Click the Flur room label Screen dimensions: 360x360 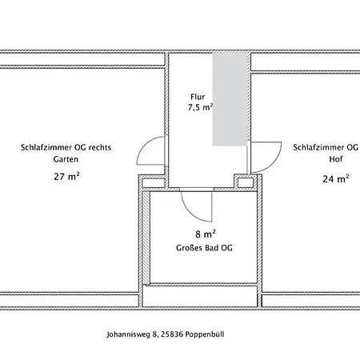pyautogui.click(x=198, y=97)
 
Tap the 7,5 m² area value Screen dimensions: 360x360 pyautogui.click(x=200, y=107)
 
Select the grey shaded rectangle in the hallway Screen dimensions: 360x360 pyautogui.click(x=230, y=99)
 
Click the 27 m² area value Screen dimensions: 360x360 pyautogui.click(x=66, y=176)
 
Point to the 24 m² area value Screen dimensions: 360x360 pyautogui.click(x=336, y=178)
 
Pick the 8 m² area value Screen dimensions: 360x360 pyautogui.click(x=206, y=234)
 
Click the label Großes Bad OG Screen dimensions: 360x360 pyautogui.click(x=204, y=248)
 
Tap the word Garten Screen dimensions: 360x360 pyautogui.click(x=66, y=159)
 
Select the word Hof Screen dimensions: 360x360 pyautogui.click(x=336, y=159)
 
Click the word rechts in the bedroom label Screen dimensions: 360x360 pyautogui.click(x=100, y=147)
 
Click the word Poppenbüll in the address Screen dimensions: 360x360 pyautogui.click(x=205, y=334)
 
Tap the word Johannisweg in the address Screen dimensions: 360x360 pyautogui.click(x=128, y=334)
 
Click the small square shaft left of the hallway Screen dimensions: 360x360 pyautogui.click(x=154, y=183)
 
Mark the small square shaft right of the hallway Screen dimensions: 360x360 pyautogui.click(x=246, y=182)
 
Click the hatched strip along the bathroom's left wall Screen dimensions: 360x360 pyautogui.click(x=146, y=238)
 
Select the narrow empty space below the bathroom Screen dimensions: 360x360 pyautogui.click(x=200, y=296)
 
